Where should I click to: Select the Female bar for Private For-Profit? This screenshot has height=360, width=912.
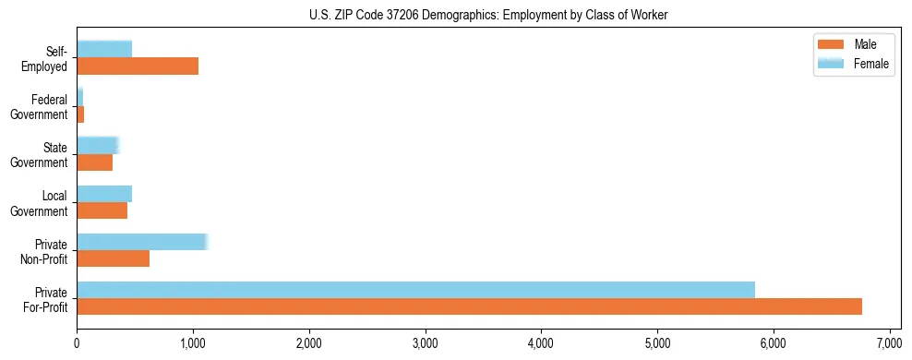pos(415,290)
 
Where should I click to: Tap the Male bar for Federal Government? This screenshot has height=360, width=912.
pos(80,114)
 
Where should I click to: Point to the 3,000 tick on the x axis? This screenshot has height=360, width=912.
pos(426,343)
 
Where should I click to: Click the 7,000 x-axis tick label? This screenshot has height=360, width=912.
pos(889,343)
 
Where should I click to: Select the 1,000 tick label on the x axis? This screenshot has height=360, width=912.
pos(193,343)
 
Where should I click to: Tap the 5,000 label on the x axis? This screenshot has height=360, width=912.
pos(657,343)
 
